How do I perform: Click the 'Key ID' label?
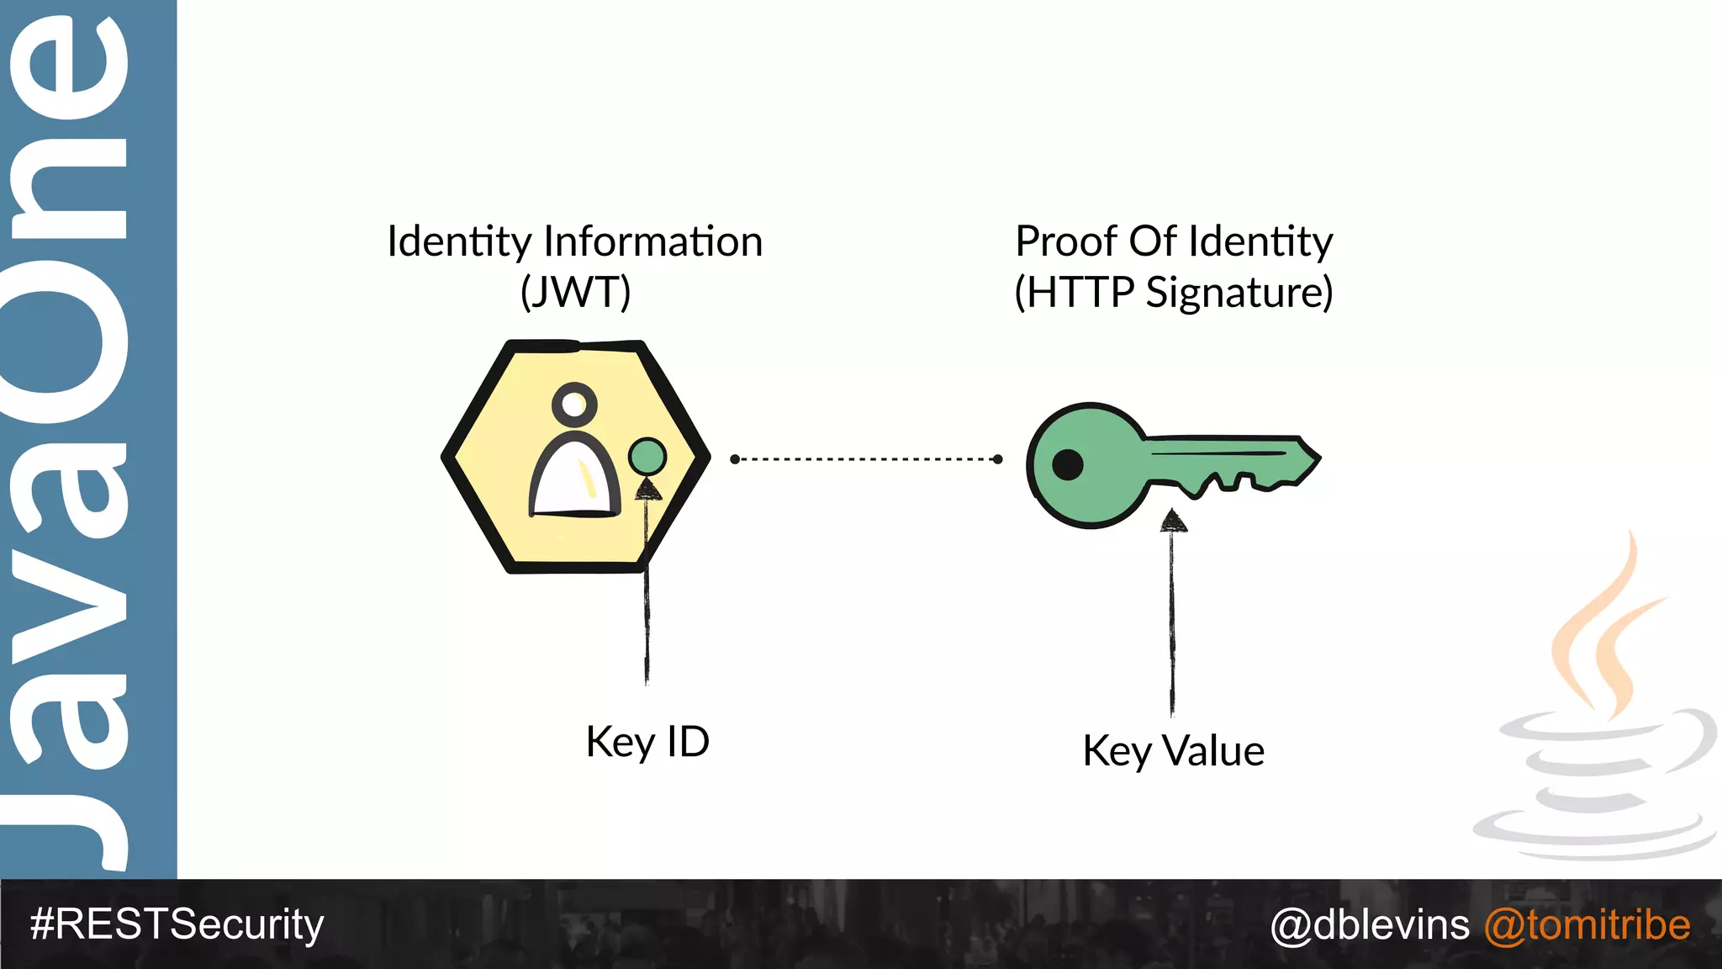647,742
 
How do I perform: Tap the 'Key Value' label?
1173,750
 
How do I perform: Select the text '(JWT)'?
575,292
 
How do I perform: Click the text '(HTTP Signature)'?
1173,292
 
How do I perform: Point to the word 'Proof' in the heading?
1066,241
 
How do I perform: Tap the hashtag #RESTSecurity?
177,924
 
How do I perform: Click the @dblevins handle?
1370,924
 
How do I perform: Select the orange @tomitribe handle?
1587,924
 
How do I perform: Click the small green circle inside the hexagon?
647,457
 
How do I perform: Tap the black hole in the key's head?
1068,463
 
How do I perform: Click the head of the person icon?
574,405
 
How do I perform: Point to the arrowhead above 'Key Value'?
1173,522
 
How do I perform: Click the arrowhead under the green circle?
647,489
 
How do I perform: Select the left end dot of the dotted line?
735,459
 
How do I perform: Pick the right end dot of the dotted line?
997,459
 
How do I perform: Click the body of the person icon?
573,479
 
